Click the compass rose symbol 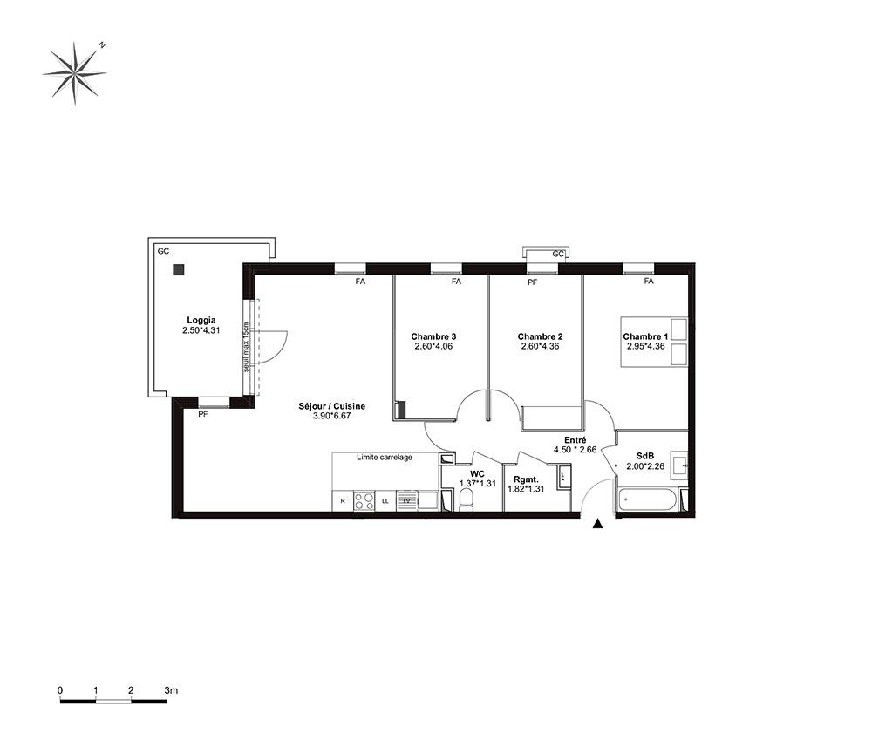pos(74,73)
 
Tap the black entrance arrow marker pos(597,523)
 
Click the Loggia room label pos(201,320)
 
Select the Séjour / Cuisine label pos(332,406)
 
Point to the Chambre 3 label pos(433,336)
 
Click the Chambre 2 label pos(540,336)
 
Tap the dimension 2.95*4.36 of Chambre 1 pos(645,346)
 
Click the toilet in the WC pos(466,499)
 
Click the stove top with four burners pos(364,501)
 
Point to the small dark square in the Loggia pos(179,270)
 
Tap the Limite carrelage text pos(385,458)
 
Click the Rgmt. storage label pos(526,479)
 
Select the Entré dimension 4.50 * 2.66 pos(575,450)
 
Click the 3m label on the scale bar pos(171,690)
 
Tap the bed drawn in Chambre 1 pos(654,342)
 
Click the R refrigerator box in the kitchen pos(343,501)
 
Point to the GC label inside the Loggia pos(163,251)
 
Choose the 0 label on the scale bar pos(60,690)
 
